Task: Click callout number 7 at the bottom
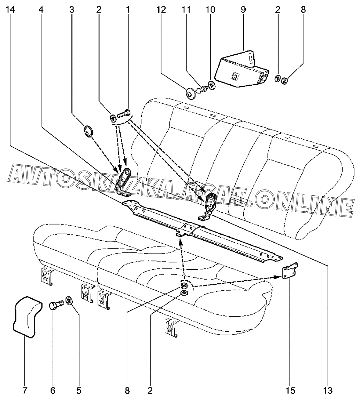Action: tap(25, 391)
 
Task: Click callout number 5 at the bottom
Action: tap(79, 391)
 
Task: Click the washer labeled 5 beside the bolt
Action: tap(69, 300)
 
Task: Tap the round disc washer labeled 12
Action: tap(190, 93)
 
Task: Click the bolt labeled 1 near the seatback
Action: tap(123, 113)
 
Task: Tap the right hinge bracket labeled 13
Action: tap(210, 205)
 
